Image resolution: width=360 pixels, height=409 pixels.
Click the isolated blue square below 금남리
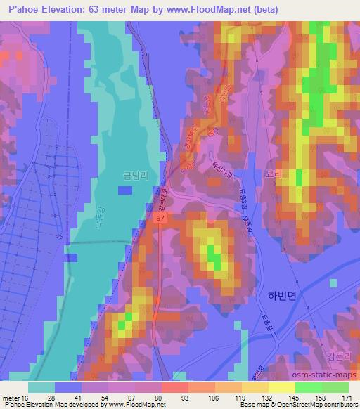[124, 190]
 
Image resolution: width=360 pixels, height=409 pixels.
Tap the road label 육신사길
[211, 169]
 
